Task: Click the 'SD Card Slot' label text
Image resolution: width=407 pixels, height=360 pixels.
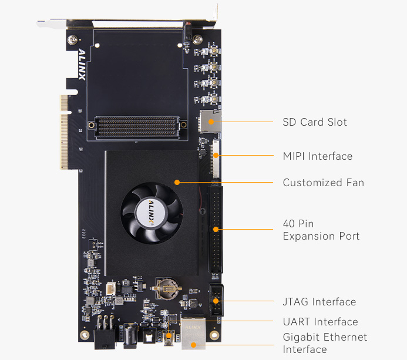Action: (314, 122)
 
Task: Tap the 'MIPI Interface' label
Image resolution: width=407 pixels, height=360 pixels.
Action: (317, 156)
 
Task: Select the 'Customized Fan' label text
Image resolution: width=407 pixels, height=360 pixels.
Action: (323, 183)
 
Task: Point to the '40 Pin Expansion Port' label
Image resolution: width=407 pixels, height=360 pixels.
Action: (321, 230)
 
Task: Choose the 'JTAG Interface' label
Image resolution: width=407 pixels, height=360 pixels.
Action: (319, 302)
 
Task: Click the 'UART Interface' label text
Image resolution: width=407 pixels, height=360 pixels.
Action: (320, 322)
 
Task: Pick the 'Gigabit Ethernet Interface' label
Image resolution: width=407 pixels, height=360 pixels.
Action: (325, 343)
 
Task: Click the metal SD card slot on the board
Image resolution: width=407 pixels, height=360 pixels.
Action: (210, 121)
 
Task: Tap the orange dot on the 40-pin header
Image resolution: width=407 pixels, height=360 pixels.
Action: (216, 229)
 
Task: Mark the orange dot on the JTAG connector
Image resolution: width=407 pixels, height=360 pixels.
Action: (216, 301)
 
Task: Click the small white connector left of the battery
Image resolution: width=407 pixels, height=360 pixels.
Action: (112, 288)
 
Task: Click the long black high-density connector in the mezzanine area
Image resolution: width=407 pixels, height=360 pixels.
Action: (136, 125)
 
